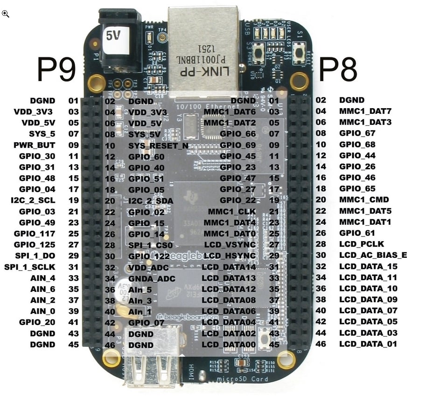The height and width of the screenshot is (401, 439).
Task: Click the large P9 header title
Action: [x=56, y=70]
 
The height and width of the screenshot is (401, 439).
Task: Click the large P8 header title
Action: [x=338, y=70]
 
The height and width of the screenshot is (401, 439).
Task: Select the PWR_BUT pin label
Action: [x=34, y=145]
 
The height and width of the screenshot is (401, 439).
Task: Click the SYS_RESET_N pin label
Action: [x=158, y=145]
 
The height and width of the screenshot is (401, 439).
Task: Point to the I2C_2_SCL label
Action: [x=33, y=200]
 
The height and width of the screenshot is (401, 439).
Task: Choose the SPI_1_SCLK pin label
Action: [x=29, y=267]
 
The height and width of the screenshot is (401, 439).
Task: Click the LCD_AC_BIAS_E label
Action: [x=373, y=255]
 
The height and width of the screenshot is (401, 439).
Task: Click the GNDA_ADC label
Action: [x=152, y=278]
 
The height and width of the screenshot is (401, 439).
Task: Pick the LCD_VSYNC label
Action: [x=230, y=244]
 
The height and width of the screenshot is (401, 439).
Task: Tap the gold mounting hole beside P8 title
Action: [x=299, y=82]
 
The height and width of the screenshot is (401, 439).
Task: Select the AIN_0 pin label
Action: [x=42, y=311]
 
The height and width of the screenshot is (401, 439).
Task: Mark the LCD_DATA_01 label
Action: [x=368, y=344]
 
